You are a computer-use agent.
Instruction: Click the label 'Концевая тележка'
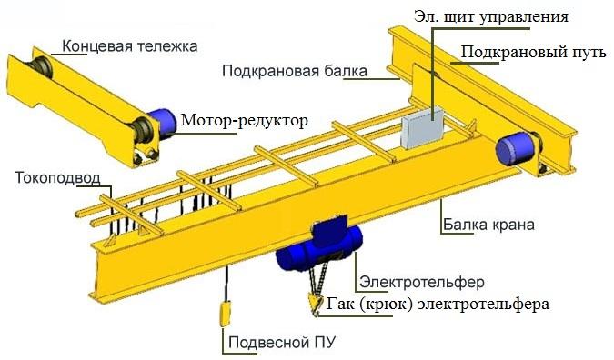130,45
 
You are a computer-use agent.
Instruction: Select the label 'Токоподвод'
52,176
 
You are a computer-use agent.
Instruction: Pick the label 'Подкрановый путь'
533,52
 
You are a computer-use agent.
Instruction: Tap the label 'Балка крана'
488,224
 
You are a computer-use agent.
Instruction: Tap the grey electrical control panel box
420,125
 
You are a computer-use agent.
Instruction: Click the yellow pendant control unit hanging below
225,313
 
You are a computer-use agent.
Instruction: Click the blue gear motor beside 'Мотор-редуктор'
163,127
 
